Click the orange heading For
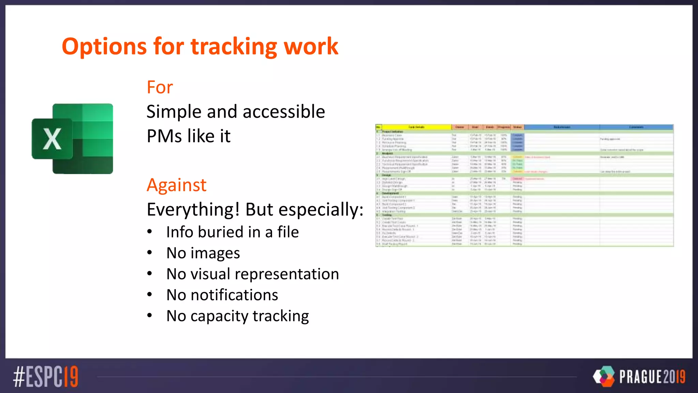160,87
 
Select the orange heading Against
177,185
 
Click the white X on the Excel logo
52,139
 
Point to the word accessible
284,112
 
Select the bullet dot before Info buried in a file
150,232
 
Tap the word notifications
234,295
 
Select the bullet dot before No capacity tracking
150,316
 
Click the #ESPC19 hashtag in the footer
46,377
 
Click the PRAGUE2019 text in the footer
652,377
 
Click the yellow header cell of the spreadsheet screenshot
416,127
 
